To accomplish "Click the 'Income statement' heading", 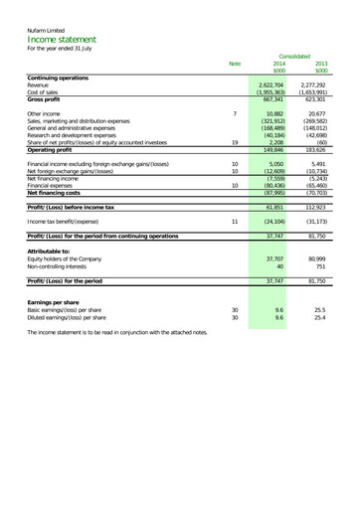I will pyautogui.click(x=63, y=41).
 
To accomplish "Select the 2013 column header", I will pyautogui.click(x=321, y=64).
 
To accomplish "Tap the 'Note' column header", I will pyautogui.click(x=235, y=64).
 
